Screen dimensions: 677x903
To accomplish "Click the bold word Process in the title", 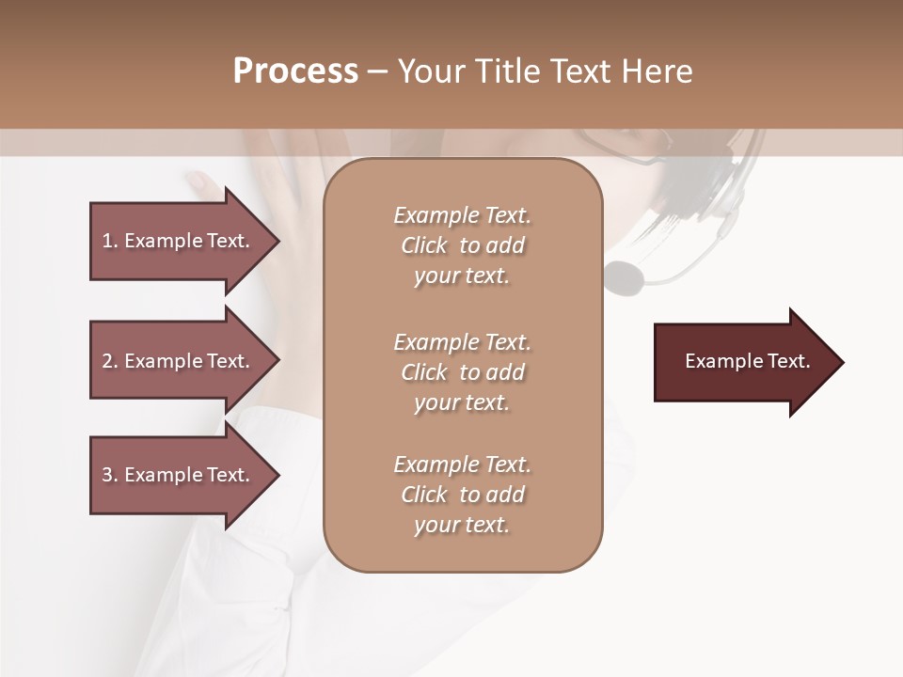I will [x=295, y=71].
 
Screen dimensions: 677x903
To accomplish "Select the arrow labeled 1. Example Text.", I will [x=179, y=241].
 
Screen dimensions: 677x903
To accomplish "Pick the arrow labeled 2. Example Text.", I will [x=179, y=361].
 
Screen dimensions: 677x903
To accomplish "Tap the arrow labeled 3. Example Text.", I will [x=179, y=475].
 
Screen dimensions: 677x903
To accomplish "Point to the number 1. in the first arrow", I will [x=110, y=241].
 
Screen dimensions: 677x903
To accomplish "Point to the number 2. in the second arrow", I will [x=110, y=361].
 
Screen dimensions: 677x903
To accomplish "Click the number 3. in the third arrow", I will [x=110, y=475].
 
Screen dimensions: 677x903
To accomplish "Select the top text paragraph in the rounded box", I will [x=462, y=245].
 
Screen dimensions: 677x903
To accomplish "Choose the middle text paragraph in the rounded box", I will [x=462, y=372].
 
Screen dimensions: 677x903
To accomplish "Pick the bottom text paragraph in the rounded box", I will [x=462, y=495].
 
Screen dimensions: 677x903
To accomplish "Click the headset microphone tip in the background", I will [x=624, y=276].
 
